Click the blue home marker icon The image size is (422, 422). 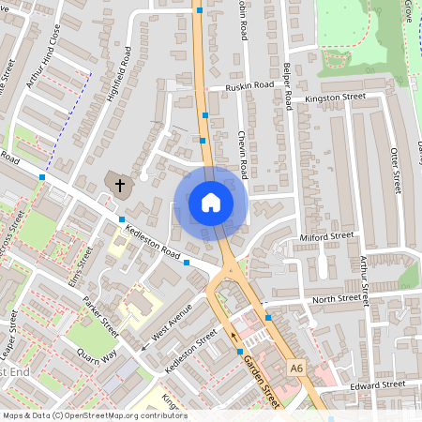coord(210,202)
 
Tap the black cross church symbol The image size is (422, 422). coord(119,185)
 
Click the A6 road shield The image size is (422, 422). coord(297,366)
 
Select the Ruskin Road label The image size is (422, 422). coord(249,85)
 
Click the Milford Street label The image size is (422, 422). coord(327,237)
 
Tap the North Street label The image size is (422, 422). coord(336,299)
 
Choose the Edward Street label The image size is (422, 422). coord(377,385)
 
